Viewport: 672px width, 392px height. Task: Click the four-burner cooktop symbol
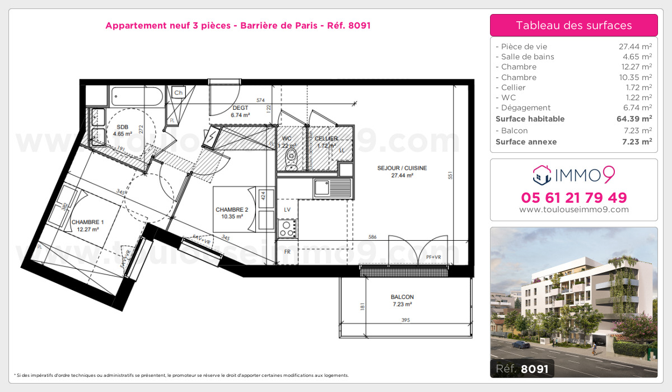[287, 227]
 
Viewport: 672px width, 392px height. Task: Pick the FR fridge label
[287, 252]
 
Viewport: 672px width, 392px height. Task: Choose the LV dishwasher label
[287, 209]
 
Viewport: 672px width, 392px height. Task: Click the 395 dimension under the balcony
[406, 320]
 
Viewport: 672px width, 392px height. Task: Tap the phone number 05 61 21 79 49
[574, 198]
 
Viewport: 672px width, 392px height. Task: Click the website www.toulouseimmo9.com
[574, 210]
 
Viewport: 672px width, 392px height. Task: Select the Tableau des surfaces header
[574, 25]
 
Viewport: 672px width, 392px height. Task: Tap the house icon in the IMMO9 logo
[542, 175]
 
